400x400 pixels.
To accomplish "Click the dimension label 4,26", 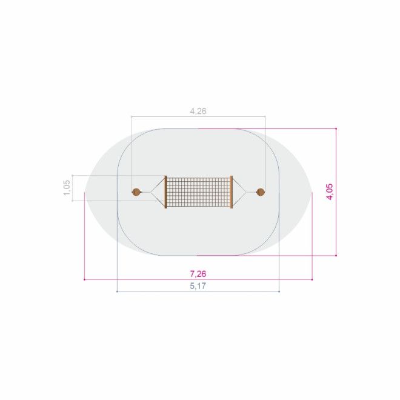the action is pyautogui.click(x=198, y=112).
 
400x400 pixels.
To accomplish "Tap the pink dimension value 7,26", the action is pyautogui.click(x=198, y=274).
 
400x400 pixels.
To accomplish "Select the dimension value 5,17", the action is pyautogui.click(x=198, y=286).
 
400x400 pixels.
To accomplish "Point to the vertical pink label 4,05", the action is pyautogui.click(x=330, y=192).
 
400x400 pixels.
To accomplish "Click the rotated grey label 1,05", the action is pyautogui.click(x=67, y=188).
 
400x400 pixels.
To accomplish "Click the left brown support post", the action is pyautogui.click(x=136, y=192).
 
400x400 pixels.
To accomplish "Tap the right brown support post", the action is pyautogui.click(x=260, y=192).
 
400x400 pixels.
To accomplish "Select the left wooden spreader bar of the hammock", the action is pyautogui.click(x=165, y=192).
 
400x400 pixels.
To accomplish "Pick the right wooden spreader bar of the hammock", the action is pyautogui.click(x=232, y=192).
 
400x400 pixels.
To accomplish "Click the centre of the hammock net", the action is pyautogui.click(x=198, y=192).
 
